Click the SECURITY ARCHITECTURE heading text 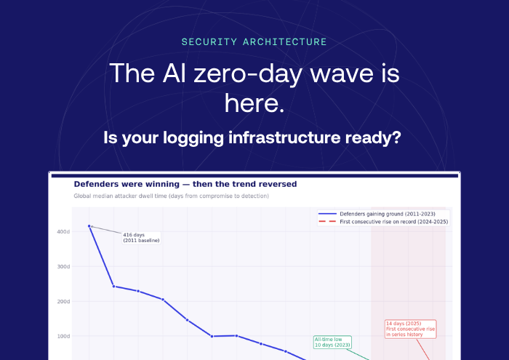(x=254, y=42)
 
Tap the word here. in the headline (x=254, y=103)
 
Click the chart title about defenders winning (x=185, y=184)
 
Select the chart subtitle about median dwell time (x=171, y=196)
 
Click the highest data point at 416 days (x=89, y=226)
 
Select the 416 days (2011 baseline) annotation (x=141, y=237)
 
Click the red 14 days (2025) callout (x=410, y=328)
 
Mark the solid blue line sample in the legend (x=327, y=214)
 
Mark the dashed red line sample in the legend (x=327, y=221)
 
